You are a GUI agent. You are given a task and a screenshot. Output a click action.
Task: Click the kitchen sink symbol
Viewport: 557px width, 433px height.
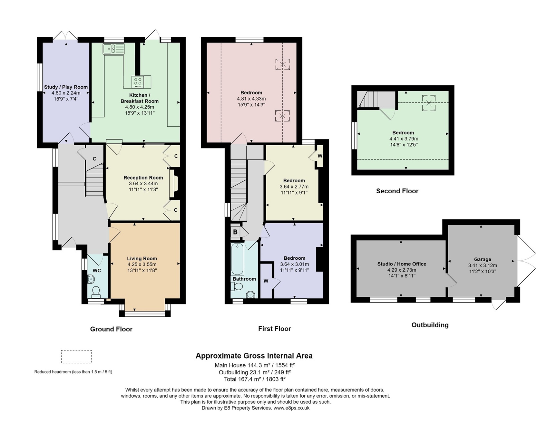coord(114,49)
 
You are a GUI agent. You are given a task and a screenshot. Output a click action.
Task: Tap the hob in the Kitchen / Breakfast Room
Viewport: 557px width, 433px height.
coord(138,82)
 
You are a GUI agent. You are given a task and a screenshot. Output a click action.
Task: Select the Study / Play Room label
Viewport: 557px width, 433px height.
coord(66,87)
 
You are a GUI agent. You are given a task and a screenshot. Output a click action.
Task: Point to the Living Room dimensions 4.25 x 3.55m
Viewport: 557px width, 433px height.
coord(142,265)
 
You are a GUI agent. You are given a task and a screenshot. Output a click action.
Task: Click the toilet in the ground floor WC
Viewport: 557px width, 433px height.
coord(96,292)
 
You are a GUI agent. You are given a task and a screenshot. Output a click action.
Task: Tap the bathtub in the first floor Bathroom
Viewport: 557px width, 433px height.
coord(238,259)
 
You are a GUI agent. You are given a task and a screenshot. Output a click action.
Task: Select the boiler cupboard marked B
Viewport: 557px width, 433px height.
coord(236,232)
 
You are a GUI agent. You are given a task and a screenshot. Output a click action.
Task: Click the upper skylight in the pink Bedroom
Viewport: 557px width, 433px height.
coord(283,64)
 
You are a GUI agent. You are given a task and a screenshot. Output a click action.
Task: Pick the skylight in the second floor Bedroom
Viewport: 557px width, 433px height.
coord(429,103)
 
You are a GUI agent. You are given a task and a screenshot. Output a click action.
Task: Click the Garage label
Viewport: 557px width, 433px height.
coord(483,259)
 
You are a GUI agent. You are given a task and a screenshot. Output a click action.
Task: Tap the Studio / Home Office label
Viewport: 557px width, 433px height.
coord(402,264)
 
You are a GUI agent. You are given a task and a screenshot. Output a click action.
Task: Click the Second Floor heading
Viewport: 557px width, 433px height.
coord(397,191)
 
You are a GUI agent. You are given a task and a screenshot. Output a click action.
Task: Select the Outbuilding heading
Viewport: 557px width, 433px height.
coord(430,325)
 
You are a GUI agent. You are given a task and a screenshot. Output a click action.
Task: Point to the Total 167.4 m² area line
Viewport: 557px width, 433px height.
coord(255,379)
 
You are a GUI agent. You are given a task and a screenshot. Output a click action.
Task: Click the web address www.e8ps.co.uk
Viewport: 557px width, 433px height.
coord(291,408)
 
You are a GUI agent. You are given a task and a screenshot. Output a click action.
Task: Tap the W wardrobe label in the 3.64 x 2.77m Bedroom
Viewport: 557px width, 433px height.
coord(320,156)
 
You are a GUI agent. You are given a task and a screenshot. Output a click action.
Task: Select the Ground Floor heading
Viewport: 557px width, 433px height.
coord(111,329)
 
